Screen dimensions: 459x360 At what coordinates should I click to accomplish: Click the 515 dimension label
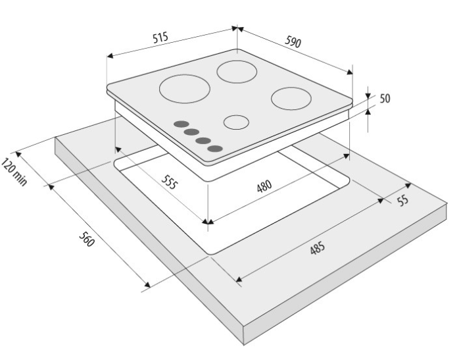pyautogui.click(x=160, y=38)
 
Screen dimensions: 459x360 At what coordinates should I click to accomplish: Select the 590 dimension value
pyautogui.click(x=293, y=41)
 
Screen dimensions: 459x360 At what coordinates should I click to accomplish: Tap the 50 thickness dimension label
pyautogui.click(x=385, y=99)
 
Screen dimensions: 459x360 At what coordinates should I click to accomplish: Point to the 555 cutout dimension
pyautogui.click(x=170, y=182)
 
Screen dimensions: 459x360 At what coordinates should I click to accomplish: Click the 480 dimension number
pyautogui.click(x=264, y=186)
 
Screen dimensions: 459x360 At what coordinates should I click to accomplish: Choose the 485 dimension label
pyautogui.click(x=318, y=248)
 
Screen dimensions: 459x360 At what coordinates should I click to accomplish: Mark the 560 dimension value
pyautogui.click(x=87, y=239)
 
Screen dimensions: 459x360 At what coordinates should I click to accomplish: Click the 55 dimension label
pyautogui.click(x=403, y=200)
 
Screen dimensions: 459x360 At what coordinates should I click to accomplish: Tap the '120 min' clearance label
pyautogui.click(x=14, y=172)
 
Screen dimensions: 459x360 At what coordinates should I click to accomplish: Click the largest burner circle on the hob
pyautogui.click(x=184, y=89)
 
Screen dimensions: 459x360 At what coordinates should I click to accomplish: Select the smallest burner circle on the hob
pyautogui.click(x=236, y=122)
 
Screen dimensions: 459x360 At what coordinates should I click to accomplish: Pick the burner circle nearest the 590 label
pyautogui.click(x=237, y=72)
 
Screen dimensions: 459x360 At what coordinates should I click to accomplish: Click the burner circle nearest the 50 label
pyautogui.click(x=291, y=99)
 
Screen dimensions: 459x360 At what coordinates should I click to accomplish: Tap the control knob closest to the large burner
pyautogui.click(x=181, y=124)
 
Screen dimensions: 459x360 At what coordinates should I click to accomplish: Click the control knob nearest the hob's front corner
pyautogui.click(x=215, y=149)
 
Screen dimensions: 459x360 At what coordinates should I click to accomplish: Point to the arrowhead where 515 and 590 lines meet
pyautogui.click(x=237, y=28)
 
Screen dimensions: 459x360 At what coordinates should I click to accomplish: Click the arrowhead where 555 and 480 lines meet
pyautogui.click(x=208, y=221)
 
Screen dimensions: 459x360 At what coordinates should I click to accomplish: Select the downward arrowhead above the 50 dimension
pyautogui.click(x=368, y=96)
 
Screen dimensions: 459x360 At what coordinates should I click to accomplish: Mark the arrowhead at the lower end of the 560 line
pyautogui.click(x=147, y=284)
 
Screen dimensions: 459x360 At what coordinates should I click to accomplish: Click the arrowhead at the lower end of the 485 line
pyautogui.click(x=239, y=279)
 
